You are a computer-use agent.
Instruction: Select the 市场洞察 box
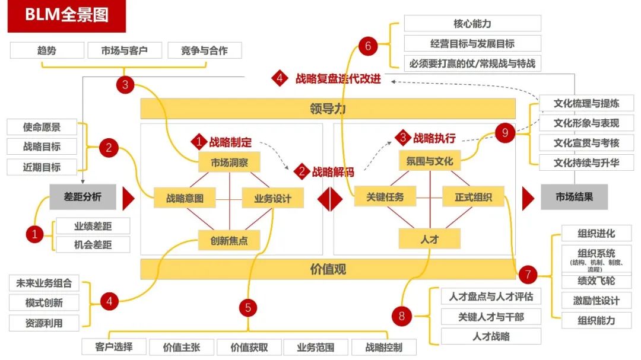(x=230, y=162)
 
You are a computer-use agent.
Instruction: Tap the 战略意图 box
(x=185, y=198)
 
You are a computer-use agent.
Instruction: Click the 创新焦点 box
(x=229, y=241)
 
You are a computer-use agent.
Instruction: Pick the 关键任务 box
(x=385, y=196)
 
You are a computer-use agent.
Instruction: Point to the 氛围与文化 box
(x=429, y=161)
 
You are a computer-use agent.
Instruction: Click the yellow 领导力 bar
(x=328, y=109)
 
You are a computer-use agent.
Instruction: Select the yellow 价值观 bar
(x=328, y=269)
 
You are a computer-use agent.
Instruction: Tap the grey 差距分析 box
(x=82, y=197)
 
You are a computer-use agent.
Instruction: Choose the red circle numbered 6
(x=368, y=46)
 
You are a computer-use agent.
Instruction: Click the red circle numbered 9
(x=505, y=133)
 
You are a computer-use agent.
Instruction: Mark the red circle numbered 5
(x=248, y=307)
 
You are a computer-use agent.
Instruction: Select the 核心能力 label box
(x=472, y=24)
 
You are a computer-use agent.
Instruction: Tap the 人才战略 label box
(x=491, y=336)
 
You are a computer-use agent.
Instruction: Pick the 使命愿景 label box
(x=42, y=127)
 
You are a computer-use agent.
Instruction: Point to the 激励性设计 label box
(x=596, y=301)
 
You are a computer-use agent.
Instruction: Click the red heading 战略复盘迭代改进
(x=338, y=78)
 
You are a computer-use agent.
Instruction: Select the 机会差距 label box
(x=93, y=244)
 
